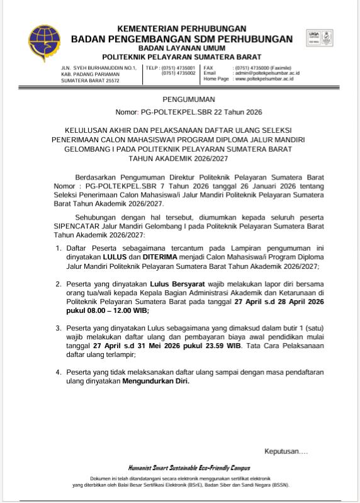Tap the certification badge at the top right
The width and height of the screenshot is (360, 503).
click(x=320, y=38)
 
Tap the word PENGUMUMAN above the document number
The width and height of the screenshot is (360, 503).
click(x=189, y=99)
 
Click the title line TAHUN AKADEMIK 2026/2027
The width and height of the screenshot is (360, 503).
click(x=189, y=160)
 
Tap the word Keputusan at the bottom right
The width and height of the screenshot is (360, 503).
click(x=285, y=451)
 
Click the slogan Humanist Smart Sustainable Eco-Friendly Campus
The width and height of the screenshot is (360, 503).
click(x=189, y=468)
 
